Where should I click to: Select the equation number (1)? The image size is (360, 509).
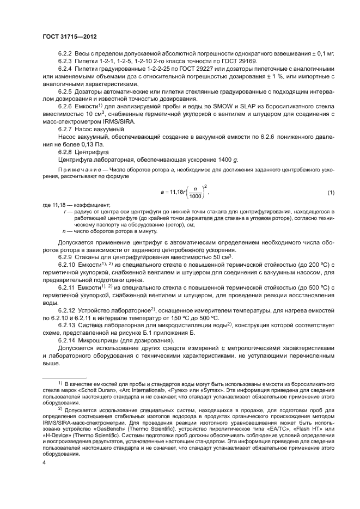pos(330,193)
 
